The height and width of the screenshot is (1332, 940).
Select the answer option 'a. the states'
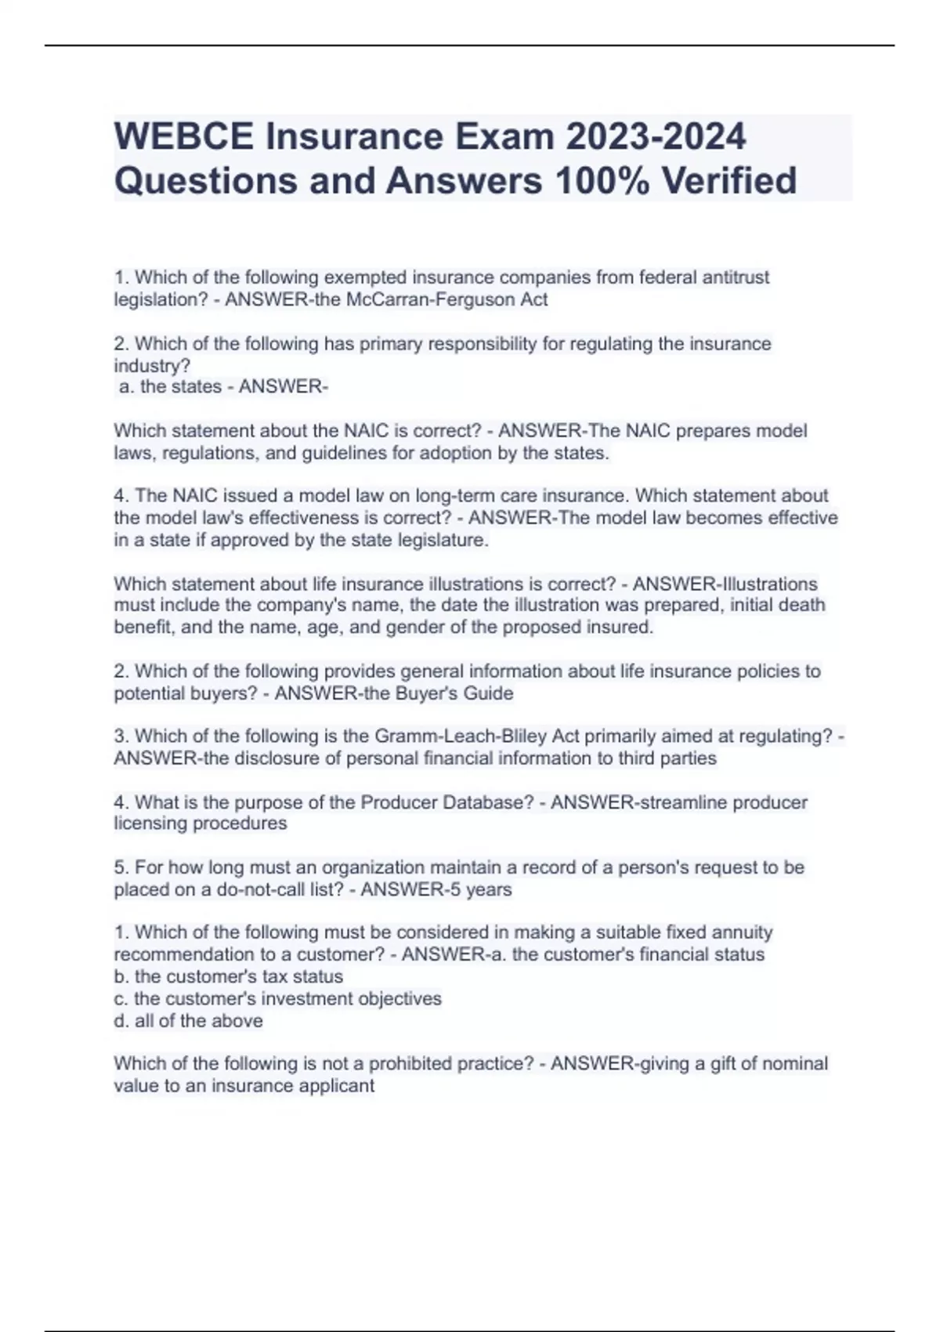tap(171, 387)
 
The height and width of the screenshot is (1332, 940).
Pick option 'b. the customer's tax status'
tap(229, 977)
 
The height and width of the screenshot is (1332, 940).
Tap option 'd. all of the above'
tap(188, 1021)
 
